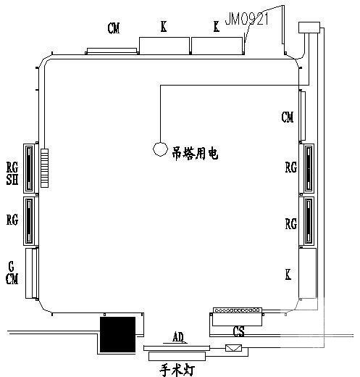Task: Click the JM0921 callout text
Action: [246, 19]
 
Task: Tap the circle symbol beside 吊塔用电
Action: [160, 149]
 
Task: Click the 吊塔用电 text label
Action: [195, 154]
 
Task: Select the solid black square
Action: [117, 334]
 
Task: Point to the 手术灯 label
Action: [177, 370]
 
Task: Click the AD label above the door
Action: [178, 337]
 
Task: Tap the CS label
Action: [238, 331]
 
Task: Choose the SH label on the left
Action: [12, 180]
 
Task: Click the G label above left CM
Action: [11, 266]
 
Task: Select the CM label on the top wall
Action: [114, 28]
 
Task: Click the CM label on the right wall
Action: [288, 117]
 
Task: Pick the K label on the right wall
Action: [288, 275]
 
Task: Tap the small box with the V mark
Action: [233, 348]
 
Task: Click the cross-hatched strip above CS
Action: [238, 310]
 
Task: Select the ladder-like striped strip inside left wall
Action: [44, 167]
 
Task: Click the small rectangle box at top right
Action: [309, 28]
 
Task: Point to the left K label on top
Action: [164, 26]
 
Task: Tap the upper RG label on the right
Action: [290, 167]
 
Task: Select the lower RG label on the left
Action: [12, 220]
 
